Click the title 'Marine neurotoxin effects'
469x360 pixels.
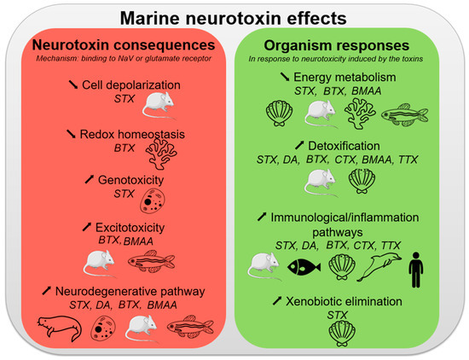pos(234,18)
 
